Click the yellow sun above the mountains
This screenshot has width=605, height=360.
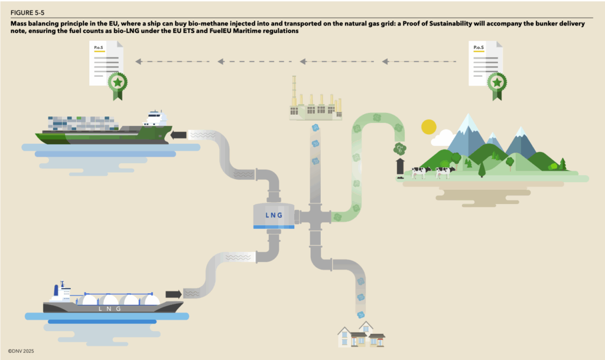[x=428, y=127]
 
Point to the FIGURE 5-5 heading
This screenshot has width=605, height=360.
[x=27, y=12]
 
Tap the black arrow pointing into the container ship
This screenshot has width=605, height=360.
[x=178, y=135]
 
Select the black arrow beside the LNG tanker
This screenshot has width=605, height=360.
[x=173, y=294]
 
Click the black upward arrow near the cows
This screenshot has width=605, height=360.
[x=400, y=166]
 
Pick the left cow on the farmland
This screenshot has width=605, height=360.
[x=421, y=171]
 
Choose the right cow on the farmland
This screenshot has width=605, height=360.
[x=445, y=171]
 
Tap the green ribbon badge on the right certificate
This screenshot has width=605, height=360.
[x=497, y=83]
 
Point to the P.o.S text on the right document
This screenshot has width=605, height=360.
[x=476, y=47]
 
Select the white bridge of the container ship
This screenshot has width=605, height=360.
[x=155, y=118]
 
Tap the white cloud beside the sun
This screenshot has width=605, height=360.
[x=442, y=138]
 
